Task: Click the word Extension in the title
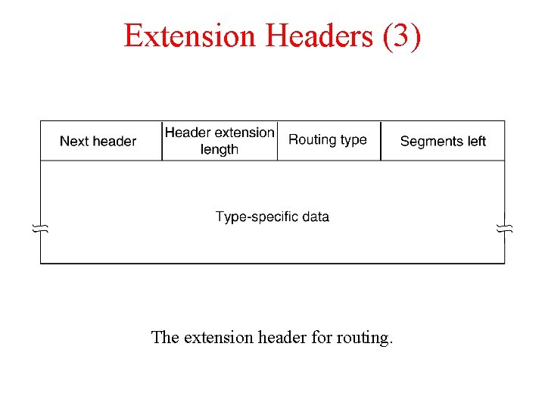click(190, 36)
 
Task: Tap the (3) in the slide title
click(401, 36)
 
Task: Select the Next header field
click(98, 141)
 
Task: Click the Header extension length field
click(220, 141)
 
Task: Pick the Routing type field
click(328, 140)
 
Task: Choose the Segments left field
click(443, 141)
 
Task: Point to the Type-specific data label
click(272, 217)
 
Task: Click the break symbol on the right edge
click(505, 228)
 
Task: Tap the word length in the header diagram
click(220, 149)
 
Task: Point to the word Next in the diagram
click(74, 141)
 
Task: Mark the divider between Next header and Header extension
click(162, 141)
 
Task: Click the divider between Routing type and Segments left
click(381, 141)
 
